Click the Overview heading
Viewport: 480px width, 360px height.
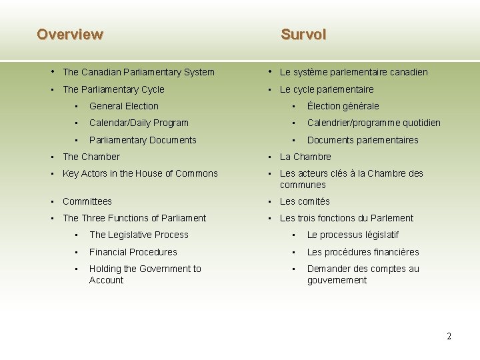[70, 34]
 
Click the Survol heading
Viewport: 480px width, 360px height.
[303, 34]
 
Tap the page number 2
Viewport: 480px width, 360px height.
[449, 336]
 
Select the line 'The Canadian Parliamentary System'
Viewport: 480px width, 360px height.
[138, 72]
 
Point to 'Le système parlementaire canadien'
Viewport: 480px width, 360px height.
[353, 72]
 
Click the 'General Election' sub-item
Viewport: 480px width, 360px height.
[123, 106]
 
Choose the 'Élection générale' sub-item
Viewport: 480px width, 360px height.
[343, 106]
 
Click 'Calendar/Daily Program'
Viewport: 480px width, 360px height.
[139, 123]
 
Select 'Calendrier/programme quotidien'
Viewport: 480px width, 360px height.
[373, 123]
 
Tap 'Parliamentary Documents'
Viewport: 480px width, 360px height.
[143, 140]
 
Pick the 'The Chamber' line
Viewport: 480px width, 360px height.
[91, 157]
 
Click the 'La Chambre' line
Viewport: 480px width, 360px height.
[305, 157]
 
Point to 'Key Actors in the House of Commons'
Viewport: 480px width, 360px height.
[140, 173]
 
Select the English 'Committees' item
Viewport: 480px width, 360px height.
[87, 201]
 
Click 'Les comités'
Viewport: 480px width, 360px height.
[305, 201]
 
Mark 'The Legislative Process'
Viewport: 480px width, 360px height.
[139, 235]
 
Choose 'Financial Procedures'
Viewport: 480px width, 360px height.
[133, 252]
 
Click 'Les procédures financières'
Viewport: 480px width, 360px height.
[363, 252]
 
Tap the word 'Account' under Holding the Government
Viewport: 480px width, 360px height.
[106, 281]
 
